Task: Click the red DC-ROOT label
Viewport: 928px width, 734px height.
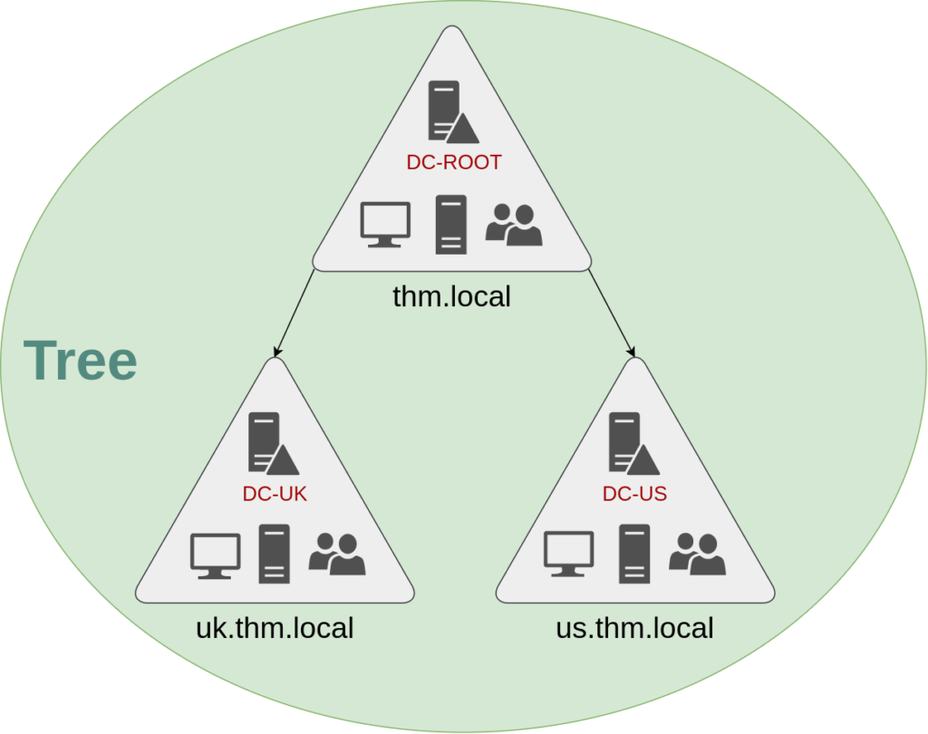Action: (454, 162)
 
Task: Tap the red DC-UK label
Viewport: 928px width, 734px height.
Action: (275, 494)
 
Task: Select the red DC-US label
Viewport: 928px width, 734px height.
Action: (634, 494)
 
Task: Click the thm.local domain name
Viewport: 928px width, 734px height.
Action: (451, 296)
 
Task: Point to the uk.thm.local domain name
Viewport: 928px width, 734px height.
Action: (275, 628)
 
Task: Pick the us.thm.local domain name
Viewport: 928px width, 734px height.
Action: (634, 628)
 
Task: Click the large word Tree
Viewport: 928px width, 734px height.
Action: (81, 360)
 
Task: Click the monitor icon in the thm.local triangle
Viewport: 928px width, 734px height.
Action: (385, 225)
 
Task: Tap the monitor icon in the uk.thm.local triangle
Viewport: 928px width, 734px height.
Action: (216, 555)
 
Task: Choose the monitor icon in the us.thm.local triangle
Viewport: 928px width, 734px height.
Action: (569, 554)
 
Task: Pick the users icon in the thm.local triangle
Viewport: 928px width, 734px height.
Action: (514, 225)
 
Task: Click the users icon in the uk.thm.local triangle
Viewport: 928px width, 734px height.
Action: (337, 554)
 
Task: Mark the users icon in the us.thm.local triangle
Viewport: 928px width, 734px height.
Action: (697, 554)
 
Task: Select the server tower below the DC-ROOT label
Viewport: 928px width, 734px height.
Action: (451, 225)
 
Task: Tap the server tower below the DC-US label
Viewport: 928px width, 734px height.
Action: (634, 554)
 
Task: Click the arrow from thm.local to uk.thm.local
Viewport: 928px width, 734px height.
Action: (295, 314)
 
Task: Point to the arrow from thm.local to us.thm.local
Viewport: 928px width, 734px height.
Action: (612, 314)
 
